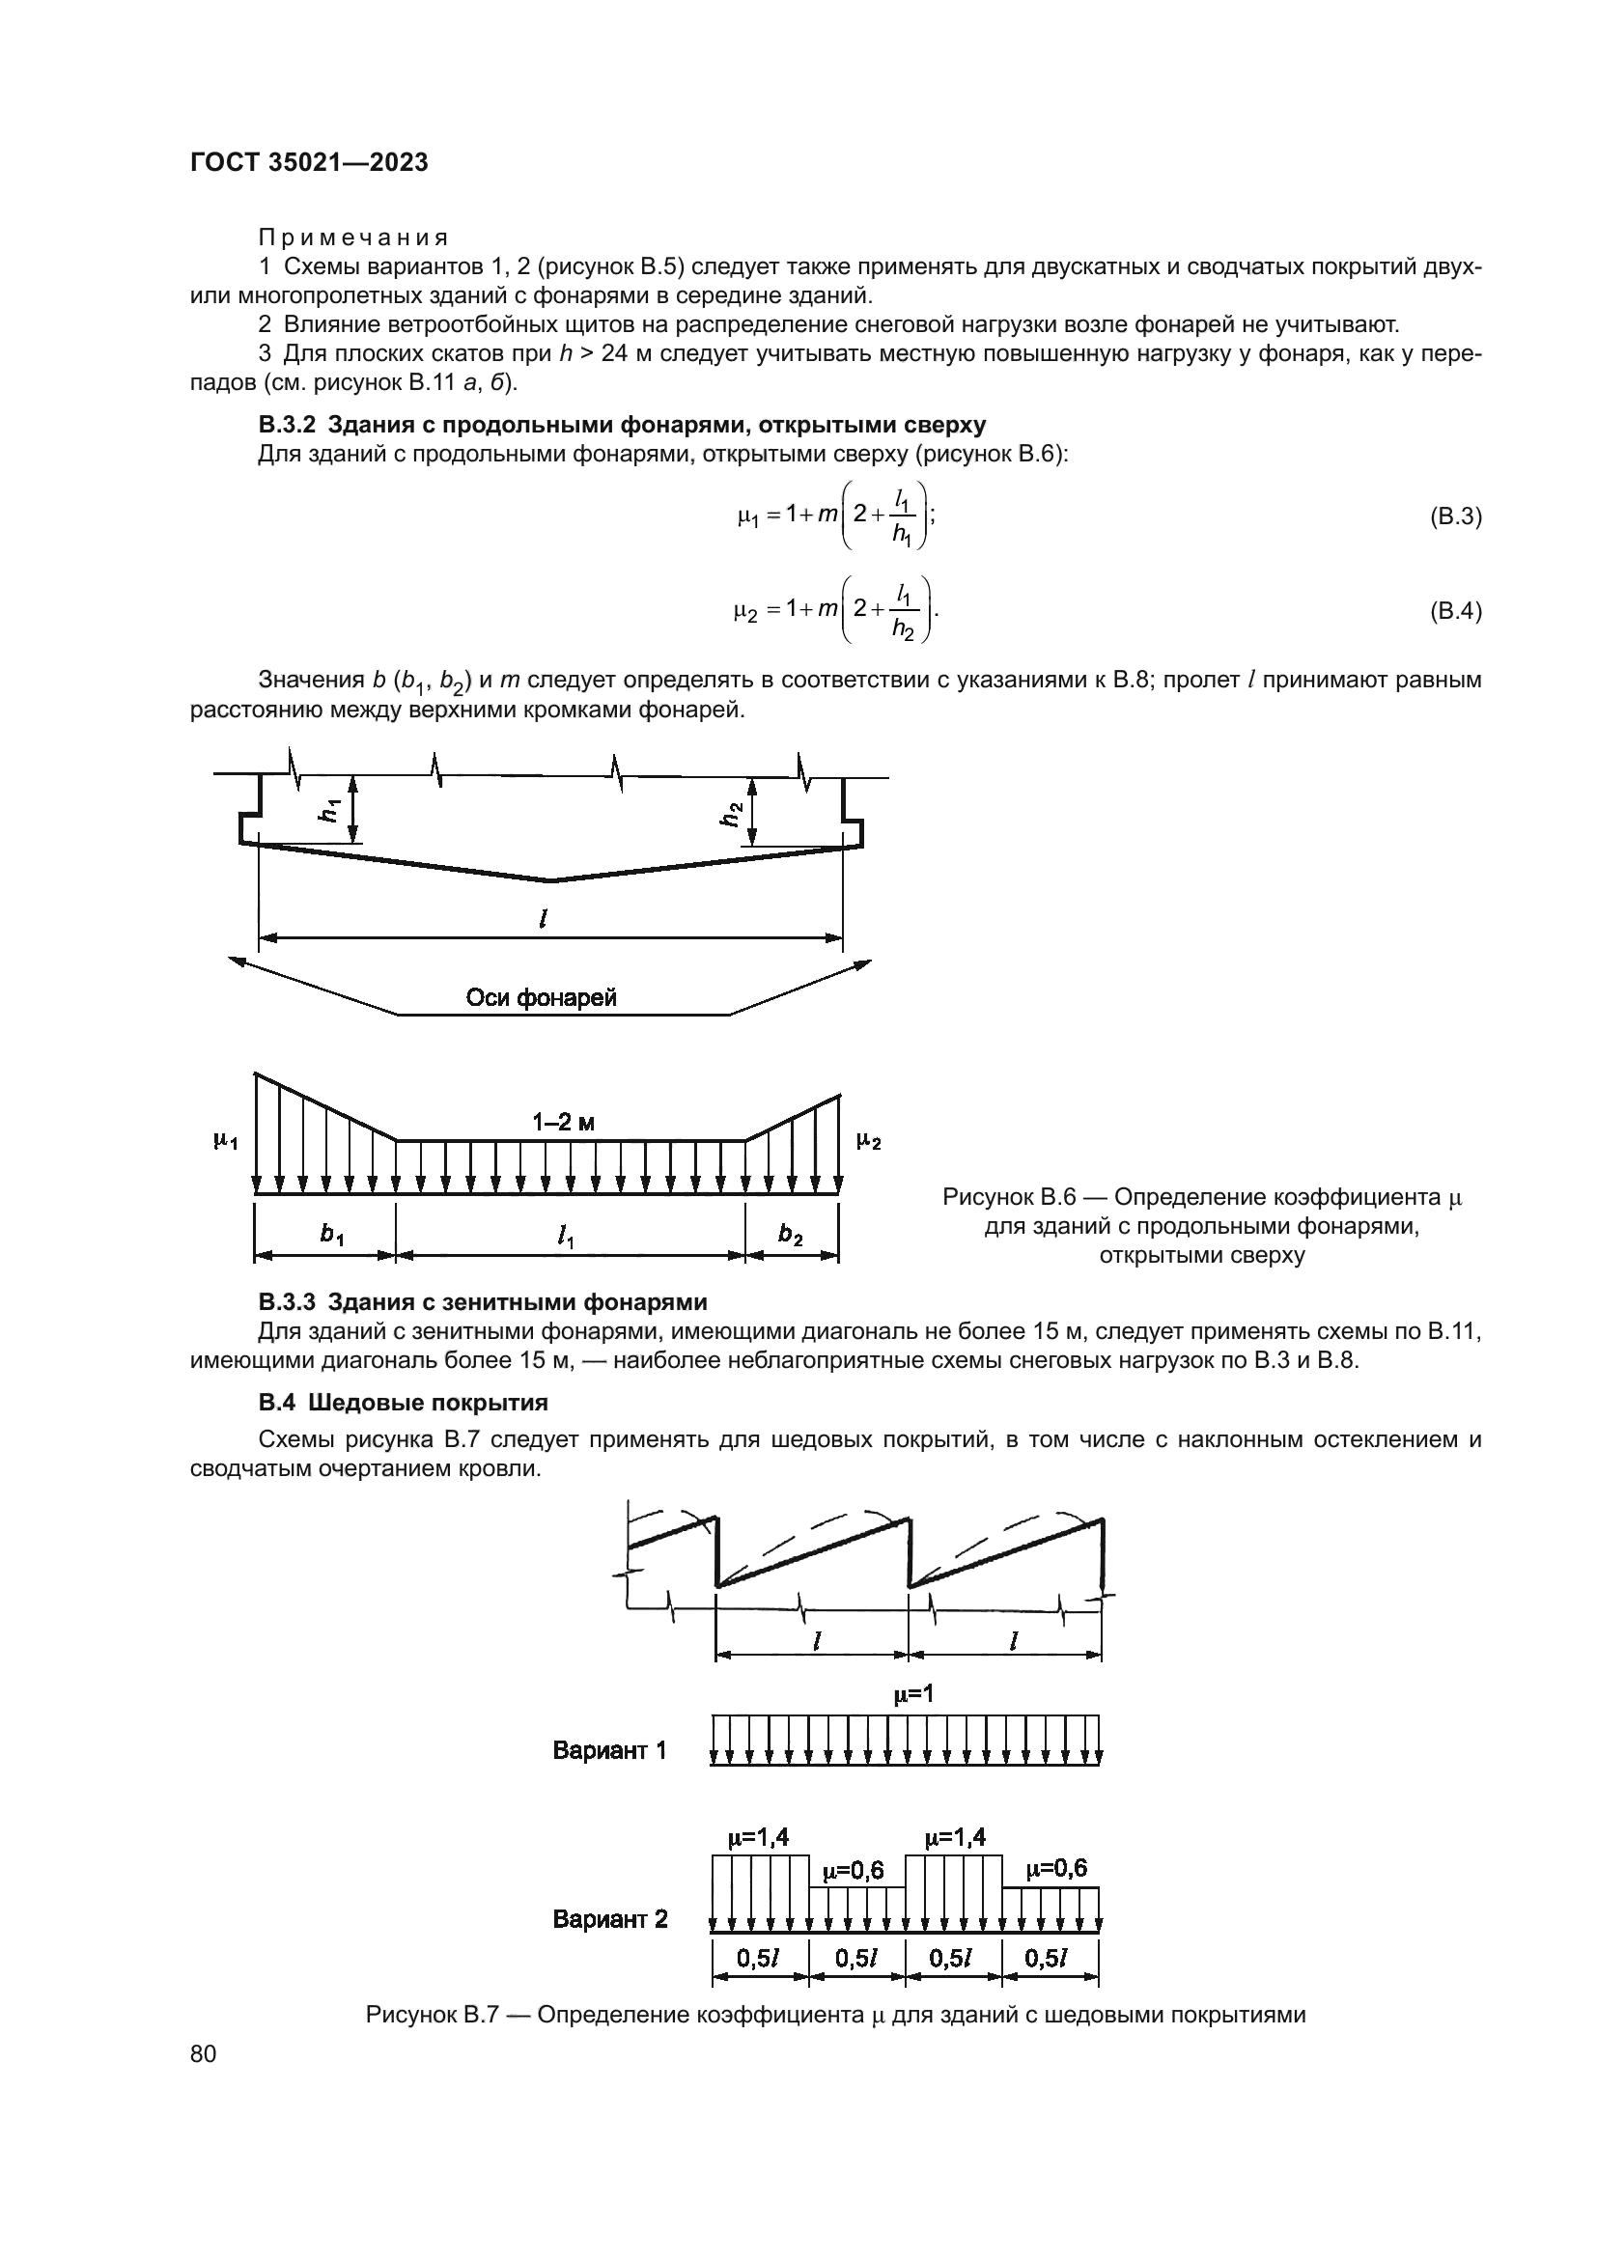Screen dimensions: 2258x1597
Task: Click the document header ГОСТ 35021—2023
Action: [x=309, y=163]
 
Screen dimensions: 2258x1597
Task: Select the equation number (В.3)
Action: [x=1454, y=516]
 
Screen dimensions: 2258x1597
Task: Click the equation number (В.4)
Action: [x=1454, y=611]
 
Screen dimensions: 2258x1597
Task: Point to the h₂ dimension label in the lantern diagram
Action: [x=730, y=815]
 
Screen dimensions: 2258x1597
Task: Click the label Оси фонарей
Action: [x=541, y=998]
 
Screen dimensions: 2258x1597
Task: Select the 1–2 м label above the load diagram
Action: [x=564, y=1122]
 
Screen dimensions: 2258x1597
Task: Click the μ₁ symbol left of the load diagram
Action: [x=225, y=1141]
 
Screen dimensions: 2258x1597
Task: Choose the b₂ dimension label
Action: [x=791, y=1236]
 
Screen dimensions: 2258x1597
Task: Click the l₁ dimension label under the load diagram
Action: [x=566, y=1238]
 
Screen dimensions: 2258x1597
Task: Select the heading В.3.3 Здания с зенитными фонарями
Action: [x=482, y=1303]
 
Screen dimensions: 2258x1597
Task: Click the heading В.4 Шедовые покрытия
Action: [x=404, y=1403]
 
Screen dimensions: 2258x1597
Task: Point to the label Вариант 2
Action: [x=609, y=1920]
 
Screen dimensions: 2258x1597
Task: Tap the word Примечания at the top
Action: [x=353, y=238]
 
